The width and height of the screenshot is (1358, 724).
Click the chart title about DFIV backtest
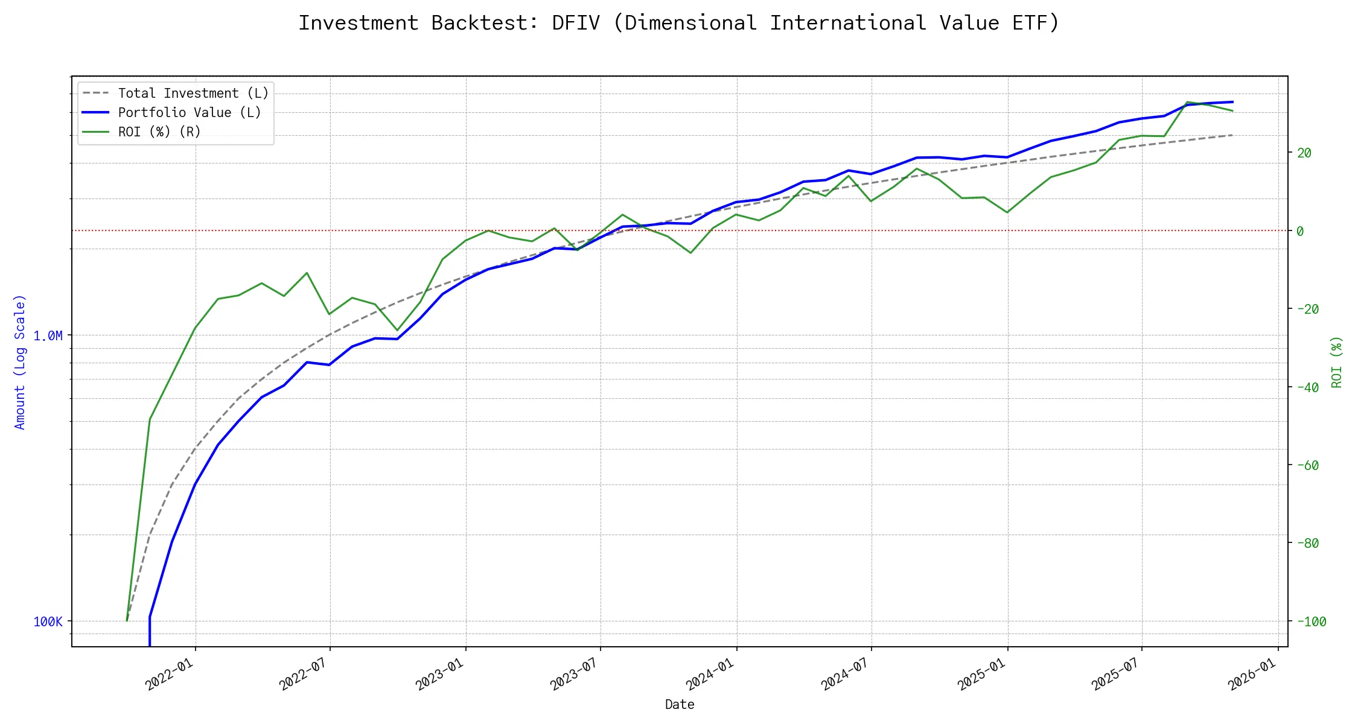pos(679,23)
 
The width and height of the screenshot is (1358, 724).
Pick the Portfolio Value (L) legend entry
pos(190,113)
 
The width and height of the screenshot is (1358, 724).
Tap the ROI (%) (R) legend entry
pos(159,132)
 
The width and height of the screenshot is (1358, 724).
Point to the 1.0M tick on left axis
pos(48,336)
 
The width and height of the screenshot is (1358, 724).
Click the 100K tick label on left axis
pos(48,622)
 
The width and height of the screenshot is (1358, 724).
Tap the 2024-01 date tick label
pos(710,673)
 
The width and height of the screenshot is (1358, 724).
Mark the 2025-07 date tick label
pos(1115,673)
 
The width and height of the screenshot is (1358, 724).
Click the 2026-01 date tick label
pos(1252,673)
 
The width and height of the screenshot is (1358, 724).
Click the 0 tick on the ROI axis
pos(1300,231)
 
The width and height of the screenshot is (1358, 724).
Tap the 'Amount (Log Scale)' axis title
pos(20,362)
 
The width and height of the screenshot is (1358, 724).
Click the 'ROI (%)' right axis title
pos(1336,362)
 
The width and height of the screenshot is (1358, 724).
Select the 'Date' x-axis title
pos(679,705)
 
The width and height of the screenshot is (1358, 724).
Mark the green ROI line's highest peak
pos(1187,102)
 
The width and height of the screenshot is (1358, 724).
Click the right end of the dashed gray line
pos(1232,135)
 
